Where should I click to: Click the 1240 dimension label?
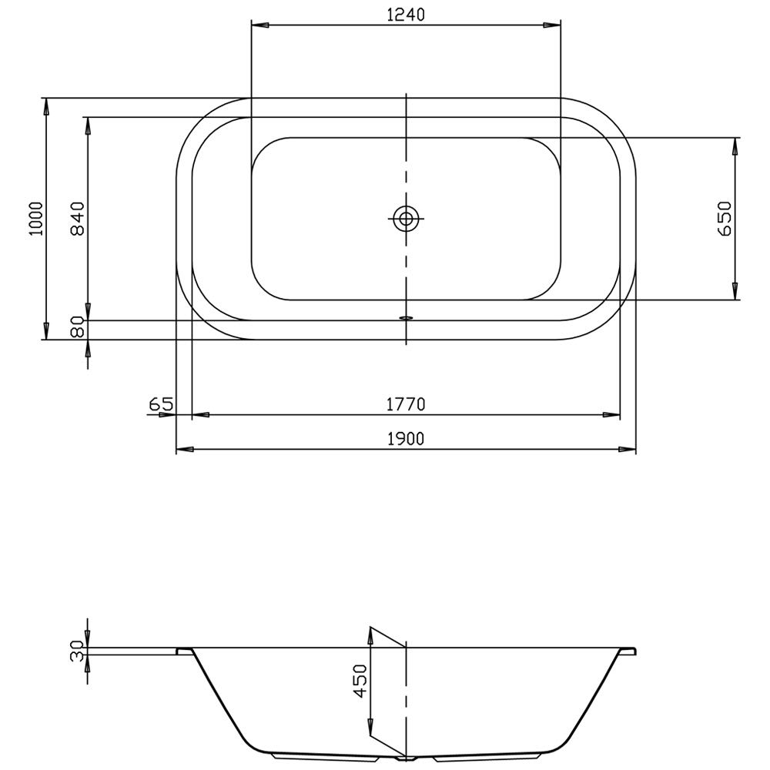tap(406, 15)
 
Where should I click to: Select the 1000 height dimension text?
tap(36, 219)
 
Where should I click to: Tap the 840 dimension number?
tap(78, 219)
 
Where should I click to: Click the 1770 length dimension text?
tap(406, 404)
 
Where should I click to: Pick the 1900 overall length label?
tap(406, 439)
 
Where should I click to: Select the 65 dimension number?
tap(161, 404)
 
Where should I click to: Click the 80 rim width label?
tap(78, 327)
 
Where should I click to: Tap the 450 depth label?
tap(361, 681)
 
